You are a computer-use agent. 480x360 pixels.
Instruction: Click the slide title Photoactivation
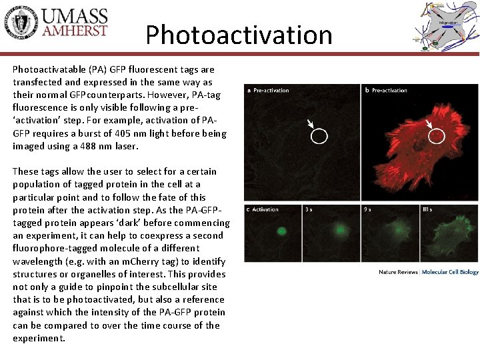(x=239, y=35)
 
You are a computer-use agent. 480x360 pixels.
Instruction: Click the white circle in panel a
(x=319, y=137)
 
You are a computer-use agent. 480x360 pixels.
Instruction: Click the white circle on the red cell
(x=436, y=136)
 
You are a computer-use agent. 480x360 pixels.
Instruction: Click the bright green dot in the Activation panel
(x=281, y=231)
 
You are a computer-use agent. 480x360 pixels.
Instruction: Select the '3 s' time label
(x=309, y=209)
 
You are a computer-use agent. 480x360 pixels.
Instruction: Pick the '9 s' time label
(x=368, y=209)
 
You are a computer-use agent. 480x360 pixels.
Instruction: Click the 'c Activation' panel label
(x=263, y=209)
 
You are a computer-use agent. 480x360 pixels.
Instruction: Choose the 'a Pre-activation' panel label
(x=268, y=90)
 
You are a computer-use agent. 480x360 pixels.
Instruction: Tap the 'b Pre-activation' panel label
(x=386, y=90)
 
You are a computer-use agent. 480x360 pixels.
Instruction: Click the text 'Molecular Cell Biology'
(x=450, y=272)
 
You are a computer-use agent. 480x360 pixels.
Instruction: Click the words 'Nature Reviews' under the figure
(x=398, y=272)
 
